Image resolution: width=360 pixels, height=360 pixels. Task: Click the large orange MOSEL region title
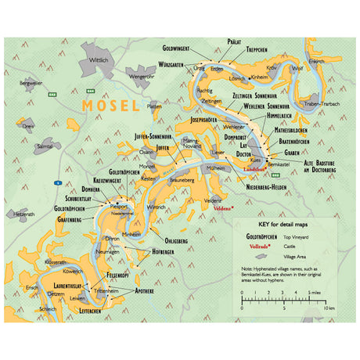pos(110,105)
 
